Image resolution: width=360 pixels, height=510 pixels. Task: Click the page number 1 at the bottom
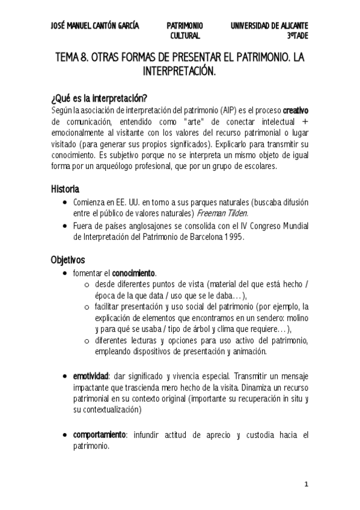pyautogui.click(x=306, y=484)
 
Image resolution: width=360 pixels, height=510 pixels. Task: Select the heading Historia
pyautogui.click(x=66, y=189)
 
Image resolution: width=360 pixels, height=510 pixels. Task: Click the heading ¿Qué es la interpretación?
pyautogui.click(x=99, y=99)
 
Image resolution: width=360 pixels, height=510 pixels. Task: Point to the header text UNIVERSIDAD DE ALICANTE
pyautogui.click(x=269, y=26)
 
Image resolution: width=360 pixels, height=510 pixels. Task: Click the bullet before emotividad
pyautogui.click(x=64, y=375)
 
